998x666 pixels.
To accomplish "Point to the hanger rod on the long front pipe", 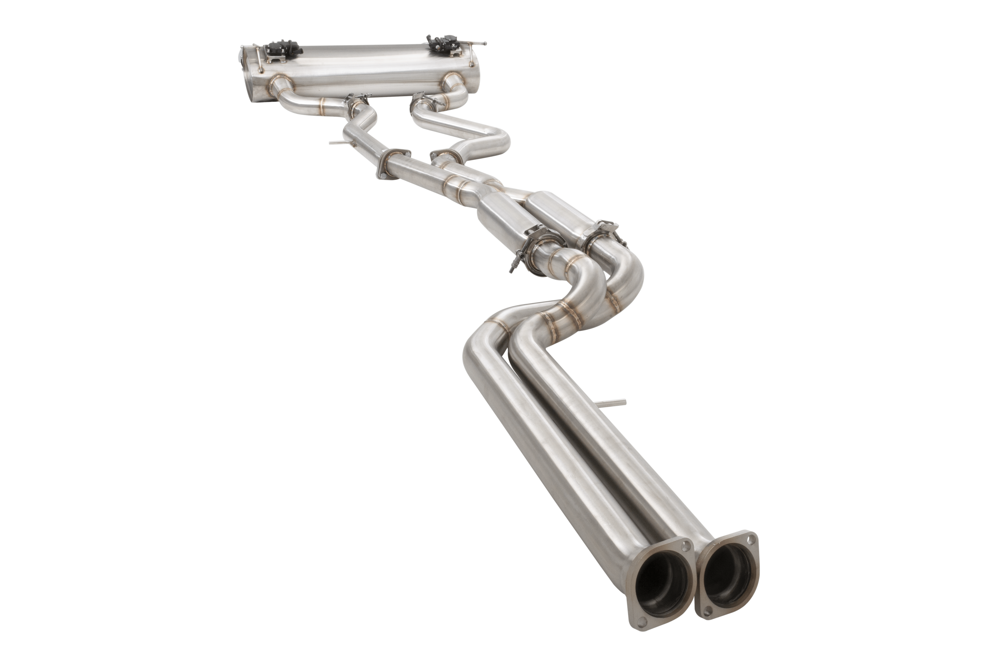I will point(615,403).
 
